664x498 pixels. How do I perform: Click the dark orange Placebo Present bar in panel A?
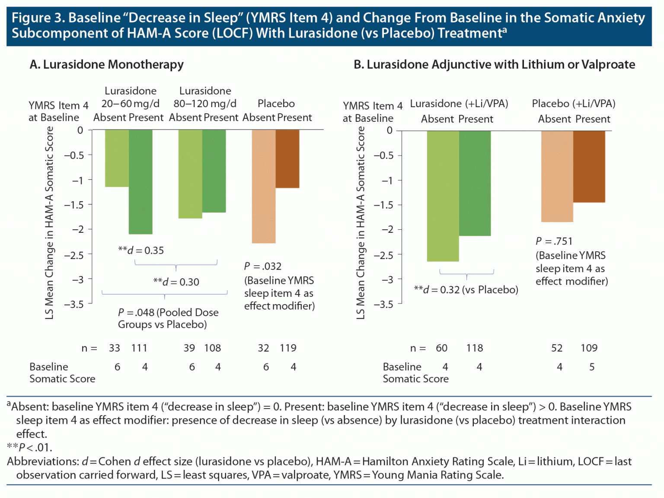click(x=287, y=159)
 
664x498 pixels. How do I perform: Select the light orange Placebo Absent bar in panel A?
click(x=264, y=186)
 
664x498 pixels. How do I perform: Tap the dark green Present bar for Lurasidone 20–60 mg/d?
click(x=140, y=182)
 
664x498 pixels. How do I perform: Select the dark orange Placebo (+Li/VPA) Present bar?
click(x=589, y=166)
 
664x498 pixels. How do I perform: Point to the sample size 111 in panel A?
click(x=139, y=348)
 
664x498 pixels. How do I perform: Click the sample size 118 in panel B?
click(x=475, y=348)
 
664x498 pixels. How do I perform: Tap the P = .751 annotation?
click(x=554, y=241)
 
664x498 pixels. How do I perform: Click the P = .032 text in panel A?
click(x=262, y=266)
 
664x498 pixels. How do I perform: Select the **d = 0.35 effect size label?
click(x=141, y=251)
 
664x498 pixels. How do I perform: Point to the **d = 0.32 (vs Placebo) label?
click(x=466, y=290)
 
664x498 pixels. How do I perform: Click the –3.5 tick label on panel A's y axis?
click(x=74, y=305)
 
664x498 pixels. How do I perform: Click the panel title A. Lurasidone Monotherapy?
click(x=106, y=65)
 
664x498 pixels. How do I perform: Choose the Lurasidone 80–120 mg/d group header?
click(x=205, y=97)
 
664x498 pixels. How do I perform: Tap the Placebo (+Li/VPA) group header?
click(x=573, y=104)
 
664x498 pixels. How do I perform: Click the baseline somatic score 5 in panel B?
click(x=592, y=367)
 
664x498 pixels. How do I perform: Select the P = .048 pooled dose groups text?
click(x=168, y=318)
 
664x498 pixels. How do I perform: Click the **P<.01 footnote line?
click(x=29, y=447)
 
